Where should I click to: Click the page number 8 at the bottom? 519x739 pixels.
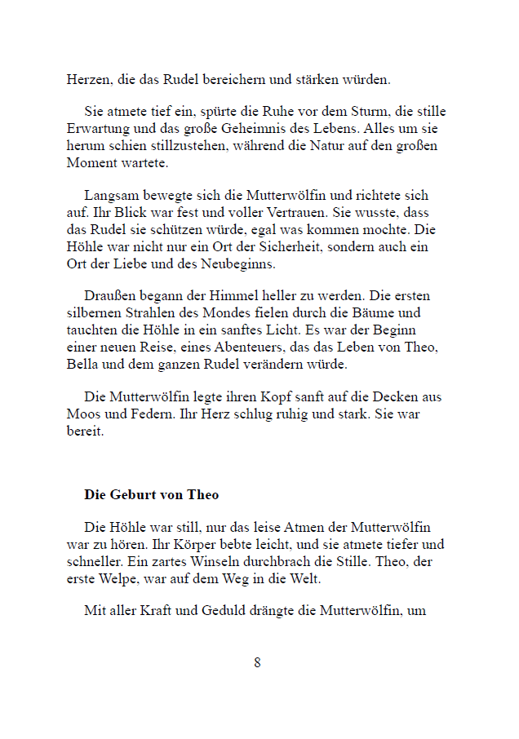pos(257,662)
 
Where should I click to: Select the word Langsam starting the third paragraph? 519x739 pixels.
pos(110,197)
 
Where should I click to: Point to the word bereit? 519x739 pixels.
pos(85,432)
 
